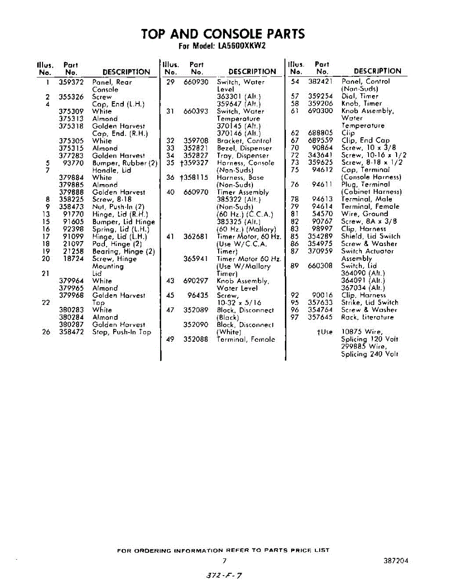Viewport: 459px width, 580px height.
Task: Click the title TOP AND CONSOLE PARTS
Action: pyautogui.click(x=223, y=34)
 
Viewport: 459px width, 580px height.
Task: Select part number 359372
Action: pyautogui.click(x=71, y=82)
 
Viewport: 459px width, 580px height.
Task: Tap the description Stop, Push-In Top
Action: pyautogui.click(x=121, y=332)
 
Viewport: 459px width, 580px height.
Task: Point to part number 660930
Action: pyautogui.click(x=196, y=82)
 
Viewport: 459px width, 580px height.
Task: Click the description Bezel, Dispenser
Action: pyautogui.click(x=244, y=148)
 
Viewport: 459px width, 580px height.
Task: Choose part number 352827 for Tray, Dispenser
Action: pyautogui.click(x=196, y=156)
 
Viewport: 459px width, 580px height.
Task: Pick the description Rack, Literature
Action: pyautogui.click(x=368, y=317)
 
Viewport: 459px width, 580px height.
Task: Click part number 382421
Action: pyautogui.click(x=321, y=81)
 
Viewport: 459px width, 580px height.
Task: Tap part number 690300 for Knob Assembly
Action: pyautogui.click(x=321, y=111)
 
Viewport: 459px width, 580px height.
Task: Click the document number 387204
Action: pyautogui.click(x=395, y=561)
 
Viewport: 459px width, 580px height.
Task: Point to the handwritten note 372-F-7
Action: pyautogui.click(x=224, y=575)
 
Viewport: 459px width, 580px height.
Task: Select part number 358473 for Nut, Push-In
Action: pyautogui.click(x=71, y=207)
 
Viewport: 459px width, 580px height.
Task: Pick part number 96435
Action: pyautogui.click(x=198, y=295)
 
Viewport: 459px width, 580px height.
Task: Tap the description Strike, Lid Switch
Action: pyautogui.click(x=370, y=303)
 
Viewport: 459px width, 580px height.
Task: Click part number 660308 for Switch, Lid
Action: pyautogui.click(x=321, y=266)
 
